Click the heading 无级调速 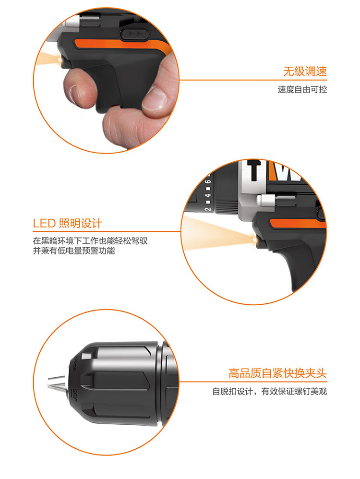pos(305,72)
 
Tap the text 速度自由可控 pos(302,89)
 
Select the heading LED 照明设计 pos(67,223)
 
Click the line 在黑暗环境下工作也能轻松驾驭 pos(90,241)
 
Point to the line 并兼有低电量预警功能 pos(74,251)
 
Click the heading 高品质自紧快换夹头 pos(277,373)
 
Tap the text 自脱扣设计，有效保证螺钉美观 pos(270,391)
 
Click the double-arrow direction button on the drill pos(135,34)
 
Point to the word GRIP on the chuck pos(74,395)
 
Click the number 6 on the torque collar pos(208,182)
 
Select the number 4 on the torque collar pos(208,195)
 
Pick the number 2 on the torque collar pos(208,209)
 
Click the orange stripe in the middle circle pos(297,224)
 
